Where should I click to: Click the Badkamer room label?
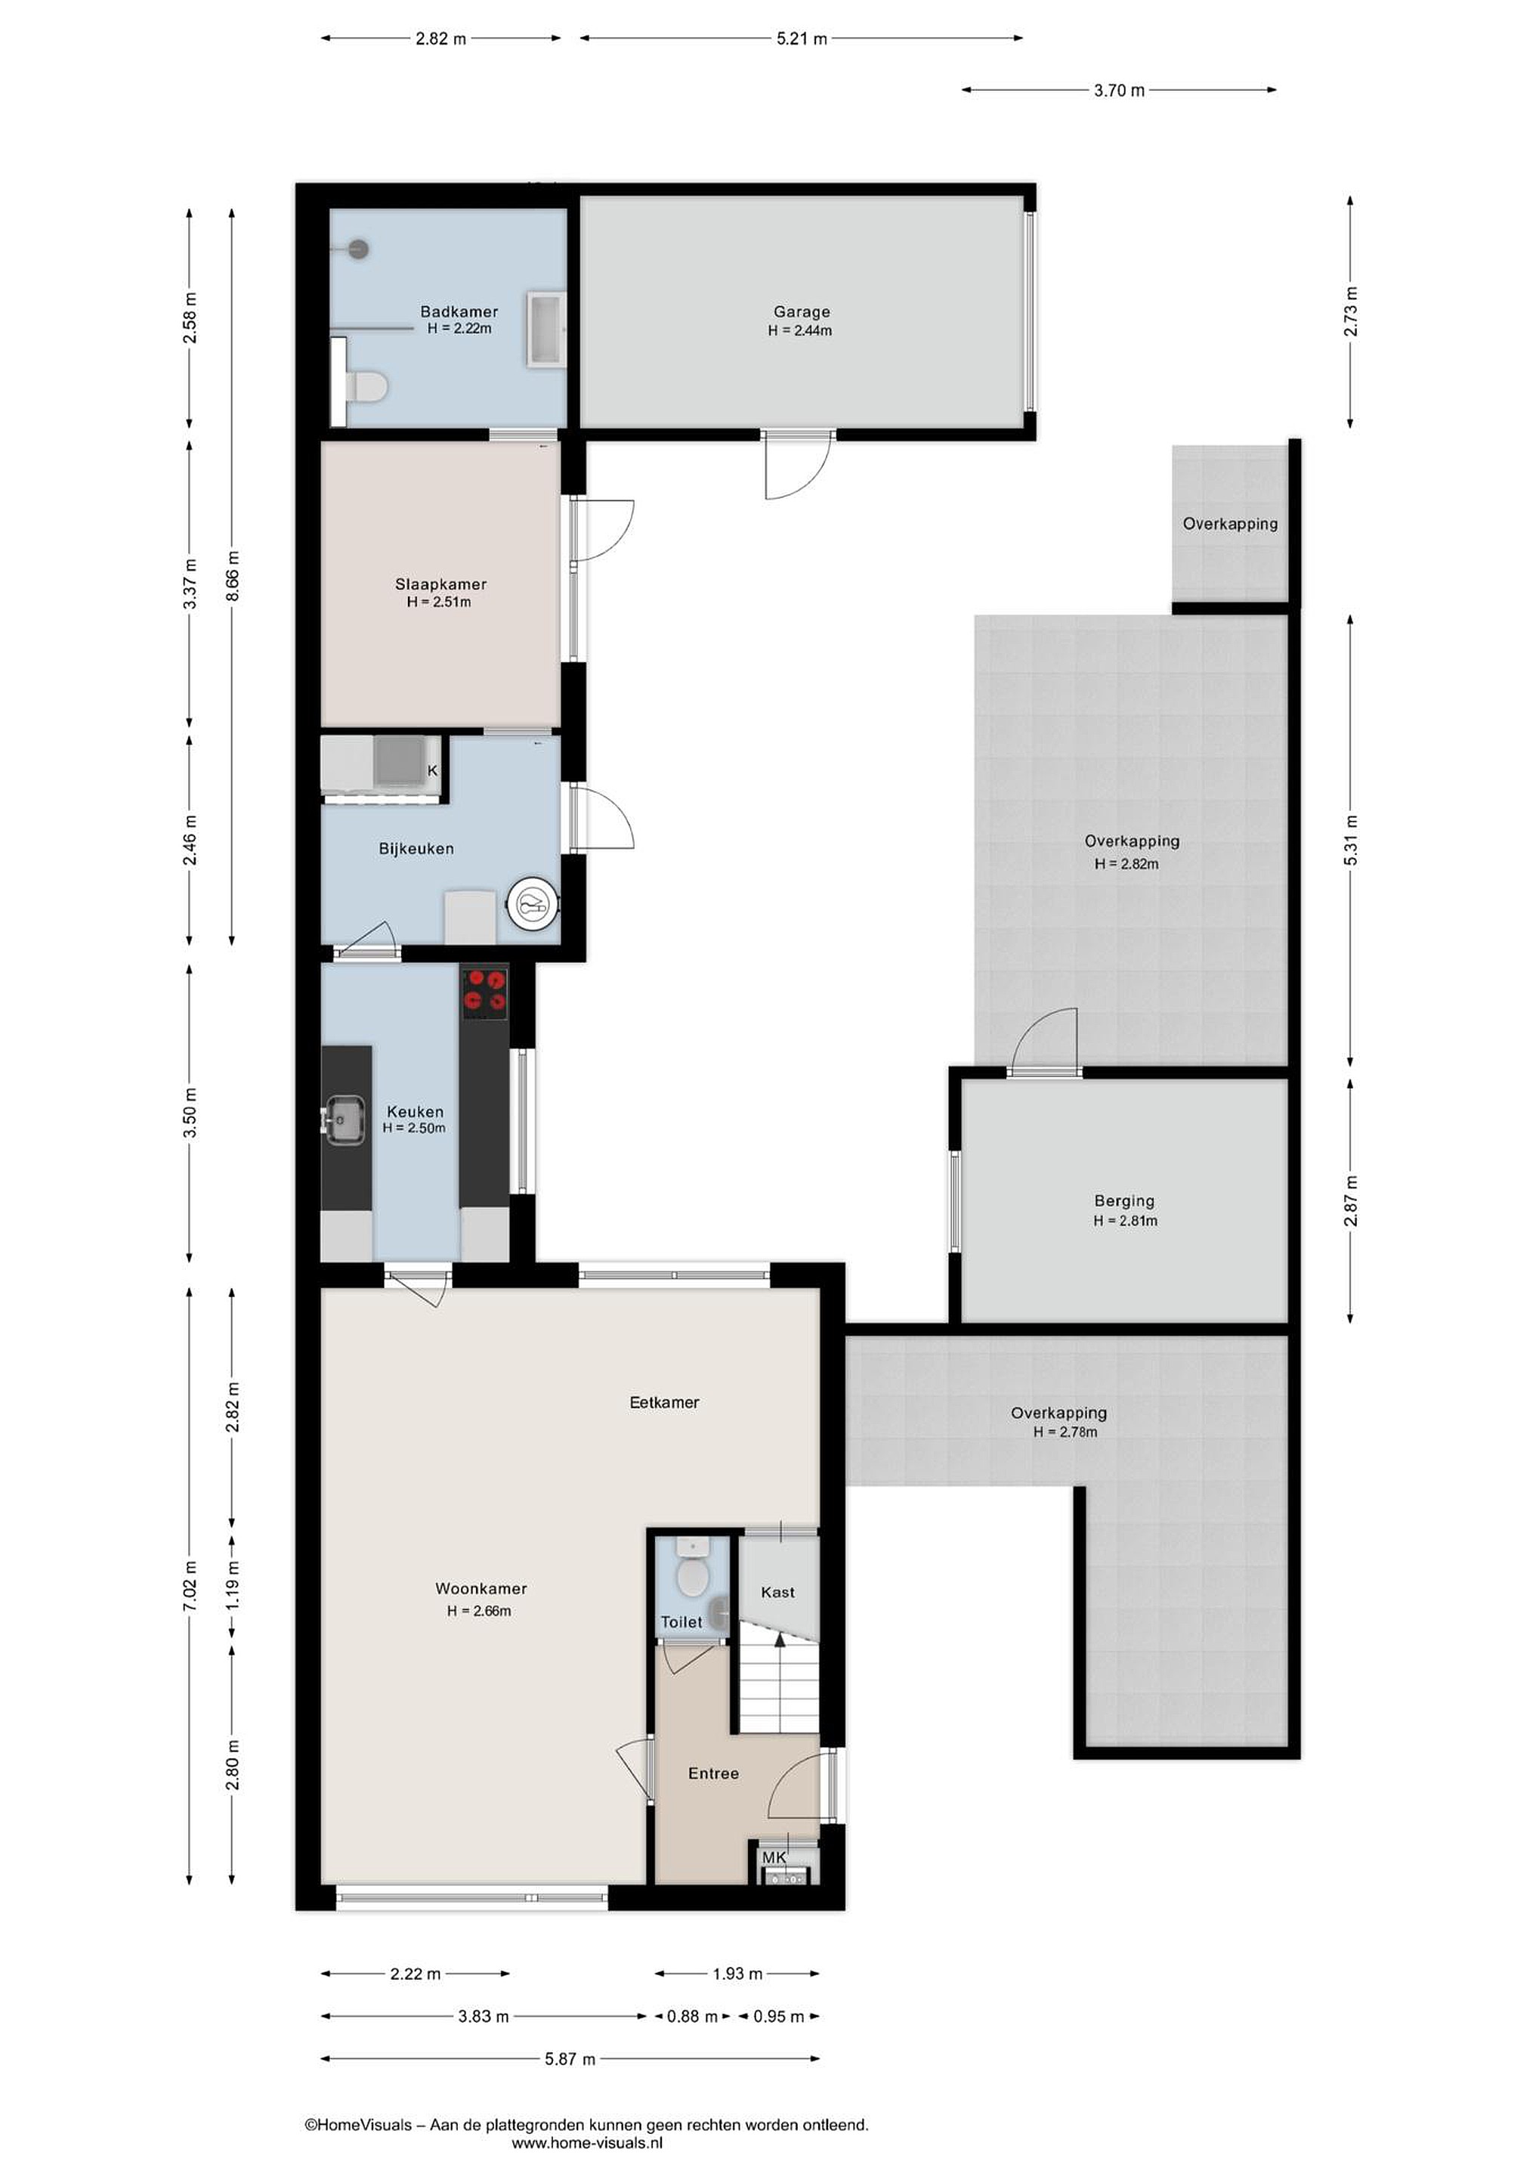tap(459, 311)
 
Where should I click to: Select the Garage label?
tap(802, 311)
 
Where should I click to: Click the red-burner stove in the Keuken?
tap(484, 992)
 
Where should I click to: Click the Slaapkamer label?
tap(440, 584)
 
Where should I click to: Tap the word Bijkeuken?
tap(416, 849)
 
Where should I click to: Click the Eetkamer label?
tap(664, 1402)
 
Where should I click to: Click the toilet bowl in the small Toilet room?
tap(693, 1495)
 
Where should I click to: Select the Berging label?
tap(1125, 1200)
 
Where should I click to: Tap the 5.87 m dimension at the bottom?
tap(570, 2058)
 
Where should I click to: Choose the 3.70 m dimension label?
tap(1119, 91)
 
